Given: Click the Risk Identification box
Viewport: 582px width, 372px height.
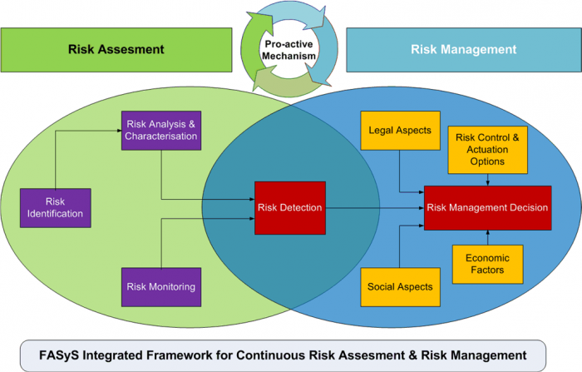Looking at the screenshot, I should coord(54,207).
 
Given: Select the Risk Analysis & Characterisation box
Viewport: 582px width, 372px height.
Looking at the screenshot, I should coord(161,131).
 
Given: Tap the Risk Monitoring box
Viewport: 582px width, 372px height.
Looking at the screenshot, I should coord(161,287).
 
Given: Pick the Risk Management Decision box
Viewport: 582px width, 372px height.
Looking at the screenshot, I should coord(487,207).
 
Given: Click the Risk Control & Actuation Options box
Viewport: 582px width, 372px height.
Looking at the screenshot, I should coord(487,150).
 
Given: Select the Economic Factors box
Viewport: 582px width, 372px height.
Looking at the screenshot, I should coord(487,264).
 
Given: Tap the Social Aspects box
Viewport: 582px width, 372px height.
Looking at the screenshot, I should coord(400,287).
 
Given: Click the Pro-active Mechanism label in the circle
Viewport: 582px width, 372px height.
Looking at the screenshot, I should coord(291,49).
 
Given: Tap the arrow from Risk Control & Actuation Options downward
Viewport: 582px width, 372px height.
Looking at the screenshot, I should coord(487,179).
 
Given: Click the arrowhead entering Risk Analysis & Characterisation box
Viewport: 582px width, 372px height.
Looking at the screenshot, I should coord(118,131).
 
